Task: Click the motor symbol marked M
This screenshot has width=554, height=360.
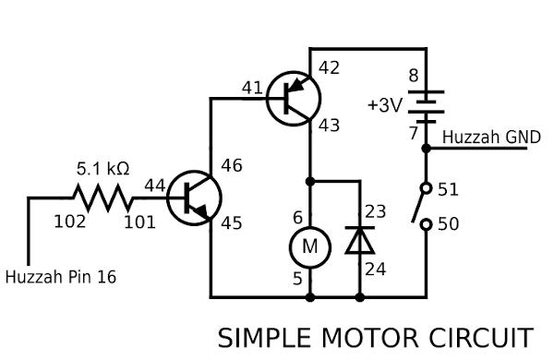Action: point(309,246)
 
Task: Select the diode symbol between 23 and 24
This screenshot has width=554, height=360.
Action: point(359,241)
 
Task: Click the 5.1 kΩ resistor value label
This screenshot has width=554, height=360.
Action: point(102,170)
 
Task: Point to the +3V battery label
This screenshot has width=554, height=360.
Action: point(385,105)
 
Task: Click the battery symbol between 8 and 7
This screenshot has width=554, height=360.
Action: point(426,105)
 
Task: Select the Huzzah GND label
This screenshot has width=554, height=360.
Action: point(485,137)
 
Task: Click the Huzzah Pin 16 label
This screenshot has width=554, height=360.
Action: point(61,276)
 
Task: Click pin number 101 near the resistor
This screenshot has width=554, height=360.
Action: point(139,222)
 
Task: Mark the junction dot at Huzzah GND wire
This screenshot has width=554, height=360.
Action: point(426,147)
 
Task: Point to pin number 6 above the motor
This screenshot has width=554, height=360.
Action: point(297,218)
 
